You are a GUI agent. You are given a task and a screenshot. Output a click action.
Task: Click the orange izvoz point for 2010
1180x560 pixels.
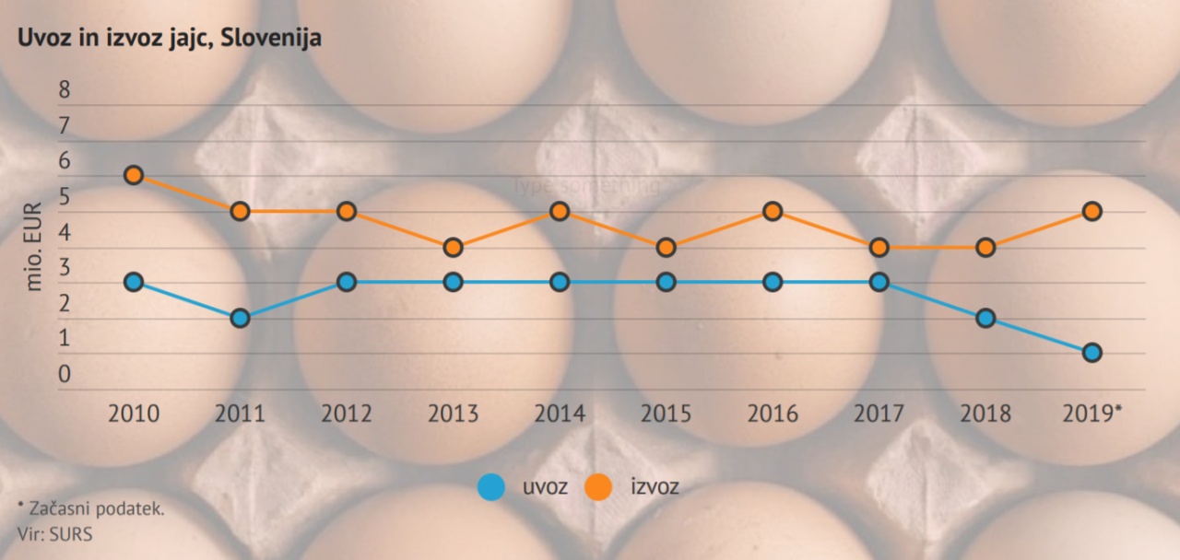coord(134,175)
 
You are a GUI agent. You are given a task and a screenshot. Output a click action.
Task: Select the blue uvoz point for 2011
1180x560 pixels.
coord(240,318)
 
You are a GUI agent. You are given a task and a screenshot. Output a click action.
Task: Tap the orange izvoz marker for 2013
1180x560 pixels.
coord(453,247)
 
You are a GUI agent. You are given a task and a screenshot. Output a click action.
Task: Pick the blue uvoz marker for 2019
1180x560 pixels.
coord(1092,353)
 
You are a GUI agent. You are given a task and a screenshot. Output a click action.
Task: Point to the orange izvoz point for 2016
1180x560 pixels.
coord(773,211)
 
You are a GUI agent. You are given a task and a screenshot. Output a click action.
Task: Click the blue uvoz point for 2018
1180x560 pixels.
coord(985,318)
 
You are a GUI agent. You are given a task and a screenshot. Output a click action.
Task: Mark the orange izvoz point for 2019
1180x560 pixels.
coord(1092,211)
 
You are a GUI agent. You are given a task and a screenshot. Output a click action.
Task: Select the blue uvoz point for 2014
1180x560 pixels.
coord(560,282)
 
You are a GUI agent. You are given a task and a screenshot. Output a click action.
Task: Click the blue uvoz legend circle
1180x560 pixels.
coord(491,486)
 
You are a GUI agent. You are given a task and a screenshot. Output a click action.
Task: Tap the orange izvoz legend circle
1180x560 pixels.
coord(599,486)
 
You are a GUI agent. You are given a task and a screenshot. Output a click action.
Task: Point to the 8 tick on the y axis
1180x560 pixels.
coord(64,89)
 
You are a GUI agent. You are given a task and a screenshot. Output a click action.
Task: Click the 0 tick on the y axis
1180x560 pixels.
coord(64,375)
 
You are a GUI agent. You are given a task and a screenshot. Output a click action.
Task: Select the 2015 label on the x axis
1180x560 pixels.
coord(666,413)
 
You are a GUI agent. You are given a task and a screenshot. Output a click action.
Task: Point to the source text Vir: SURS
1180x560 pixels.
coord(54,533)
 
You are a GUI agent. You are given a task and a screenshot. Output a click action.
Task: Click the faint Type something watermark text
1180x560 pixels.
coord(587,185)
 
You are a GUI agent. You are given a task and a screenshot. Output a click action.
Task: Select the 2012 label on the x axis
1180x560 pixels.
coord(347,413)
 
